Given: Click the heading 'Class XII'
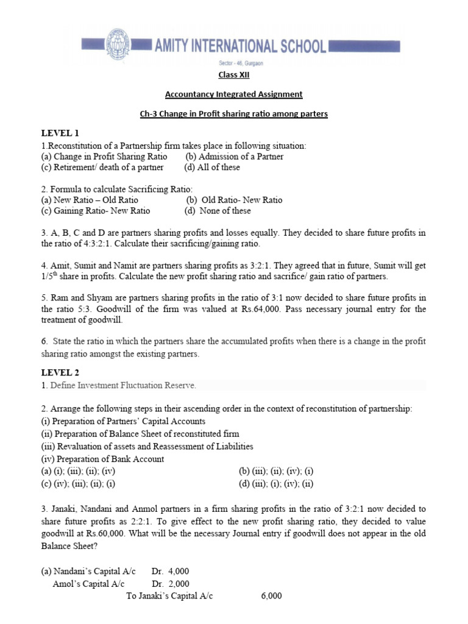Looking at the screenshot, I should [x=234, y=75].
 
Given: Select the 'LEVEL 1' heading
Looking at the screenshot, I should [x=60, y=133].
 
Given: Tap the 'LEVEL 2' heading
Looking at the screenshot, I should [x=60, y=372].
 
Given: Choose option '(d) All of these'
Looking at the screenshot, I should [x=212, y=167].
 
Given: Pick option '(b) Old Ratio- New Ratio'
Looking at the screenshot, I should [x=234, y=200].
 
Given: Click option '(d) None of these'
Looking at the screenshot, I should [x=218, y=211].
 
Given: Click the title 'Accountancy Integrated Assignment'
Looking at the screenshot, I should [x=234, y=94].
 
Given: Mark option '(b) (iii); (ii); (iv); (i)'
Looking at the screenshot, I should [x=277, y=471].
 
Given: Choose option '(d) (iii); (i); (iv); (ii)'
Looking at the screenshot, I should [x=276, y=484].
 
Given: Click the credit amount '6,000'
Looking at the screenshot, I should [x=271, y=595].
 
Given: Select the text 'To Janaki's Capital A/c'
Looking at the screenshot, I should [x=169, y=595].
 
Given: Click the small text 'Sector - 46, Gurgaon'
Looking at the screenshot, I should [x=241, y=63].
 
